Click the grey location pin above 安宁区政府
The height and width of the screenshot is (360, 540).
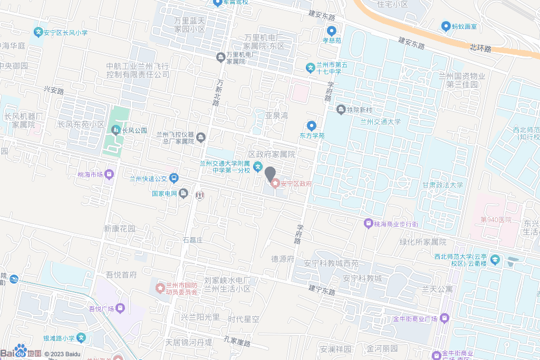pos(270,173)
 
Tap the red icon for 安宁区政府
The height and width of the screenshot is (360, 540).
pos(275,183)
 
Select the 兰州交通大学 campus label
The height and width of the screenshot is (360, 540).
pos(380,121)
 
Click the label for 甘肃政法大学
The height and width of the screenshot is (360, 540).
pos(442,185)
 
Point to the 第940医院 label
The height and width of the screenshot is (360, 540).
pos(496,219)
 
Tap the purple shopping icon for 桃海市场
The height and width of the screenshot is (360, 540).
pos(109,174)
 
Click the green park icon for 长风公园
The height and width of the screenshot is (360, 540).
pos(115,130)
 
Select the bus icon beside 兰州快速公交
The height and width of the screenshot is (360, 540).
pos(174,179)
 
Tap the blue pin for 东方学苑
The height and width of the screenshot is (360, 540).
pos(312,125)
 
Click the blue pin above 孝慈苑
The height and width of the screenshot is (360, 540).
pos(331,31)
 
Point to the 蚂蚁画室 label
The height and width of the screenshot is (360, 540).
pos(464,26)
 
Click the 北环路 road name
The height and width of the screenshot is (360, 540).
pos(480,48)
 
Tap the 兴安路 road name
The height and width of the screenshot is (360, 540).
pos(54,91)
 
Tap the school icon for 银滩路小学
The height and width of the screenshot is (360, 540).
pos(82,337)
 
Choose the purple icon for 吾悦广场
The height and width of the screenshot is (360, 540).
pos(121,308)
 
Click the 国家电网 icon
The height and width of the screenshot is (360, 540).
pos(183,193)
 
